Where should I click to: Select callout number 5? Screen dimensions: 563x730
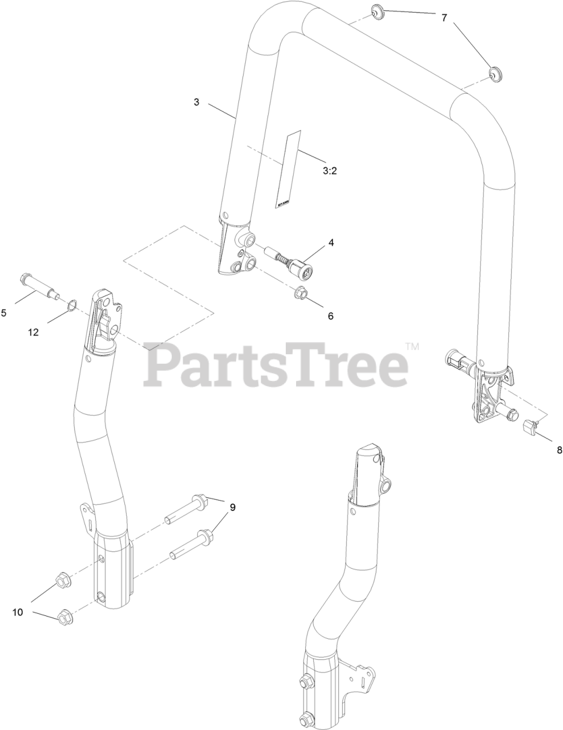coord(4,313)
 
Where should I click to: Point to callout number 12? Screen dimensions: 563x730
coord(34,332)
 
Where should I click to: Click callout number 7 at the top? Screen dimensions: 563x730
coord(444,18)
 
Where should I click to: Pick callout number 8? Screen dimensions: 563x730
coord(559,449)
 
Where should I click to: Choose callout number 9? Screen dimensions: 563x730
coord(233,506)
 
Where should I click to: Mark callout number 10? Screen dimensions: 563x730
coord(18,612)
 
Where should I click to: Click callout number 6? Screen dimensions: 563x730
coord(330,315)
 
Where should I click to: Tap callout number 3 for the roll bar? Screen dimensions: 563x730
coord(196,102)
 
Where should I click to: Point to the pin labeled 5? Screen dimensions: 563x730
coord(40,286)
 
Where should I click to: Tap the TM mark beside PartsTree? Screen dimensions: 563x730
coord(412,346)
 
